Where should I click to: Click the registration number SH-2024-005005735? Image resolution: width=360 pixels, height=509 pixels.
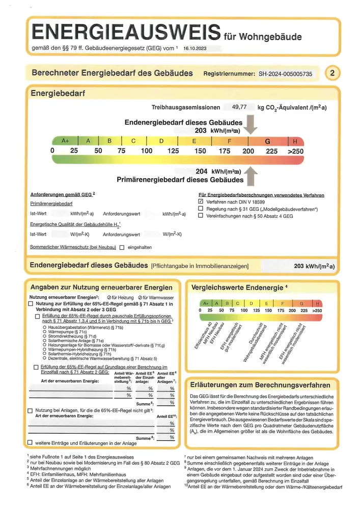(285, 73)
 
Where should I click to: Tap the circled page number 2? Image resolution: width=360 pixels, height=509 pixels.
(332, 73)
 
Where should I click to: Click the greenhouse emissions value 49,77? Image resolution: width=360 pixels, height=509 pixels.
(239, 107)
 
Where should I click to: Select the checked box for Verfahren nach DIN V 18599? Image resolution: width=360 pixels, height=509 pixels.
(201, 202)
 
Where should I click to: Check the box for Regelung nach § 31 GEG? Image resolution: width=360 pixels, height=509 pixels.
(201, 209)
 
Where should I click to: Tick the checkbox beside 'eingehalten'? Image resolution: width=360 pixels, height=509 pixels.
(122, 248)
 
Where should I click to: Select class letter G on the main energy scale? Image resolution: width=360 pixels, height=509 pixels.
(268, 141)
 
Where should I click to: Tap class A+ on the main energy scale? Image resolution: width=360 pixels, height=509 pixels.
(65, 141)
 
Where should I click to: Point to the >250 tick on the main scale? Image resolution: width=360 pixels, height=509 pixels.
(295, 151)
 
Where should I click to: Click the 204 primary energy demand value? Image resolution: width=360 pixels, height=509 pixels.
(201, 172)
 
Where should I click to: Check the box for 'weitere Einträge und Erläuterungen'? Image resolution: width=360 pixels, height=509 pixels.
(30, 443)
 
